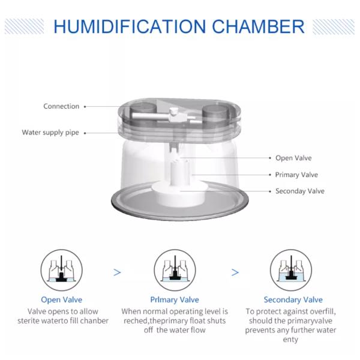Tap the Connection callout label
(61, 106)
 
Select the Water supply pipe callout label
(51, 133)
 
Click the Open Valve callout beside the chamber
(293, 158)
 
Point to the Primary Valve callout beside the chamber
(296, 175)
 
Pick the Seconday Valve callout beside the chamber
(299, 191)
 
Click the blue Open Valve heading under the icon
(62, 299)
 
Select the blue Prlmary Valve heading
(175, 299)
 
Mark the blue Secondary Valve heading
(293, 299)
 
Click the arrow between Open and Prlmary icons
(117, 272)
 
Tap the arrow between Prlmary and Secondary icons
(235, 272)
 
